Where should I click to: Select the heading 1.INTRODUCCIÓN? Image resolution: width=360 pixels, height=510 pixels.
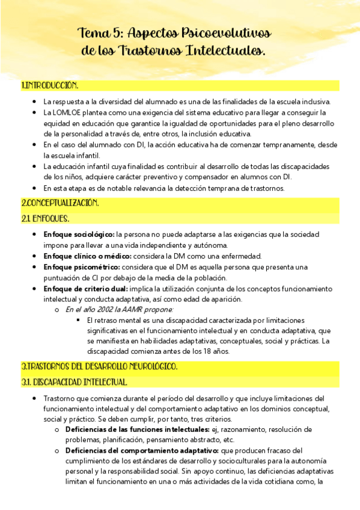click(x=49, y=85)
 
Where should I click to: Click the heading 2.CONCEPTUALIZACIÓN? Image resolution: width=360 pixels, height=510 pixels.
click(x=60, y=203)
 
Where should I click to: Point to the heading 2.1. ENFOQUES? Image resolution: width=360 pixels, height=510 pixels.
click(x=45, y=218)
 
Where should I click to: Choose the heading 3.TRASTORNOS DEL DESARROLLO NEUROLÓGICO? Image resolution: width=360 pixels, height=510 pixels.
click(x=99, y=366)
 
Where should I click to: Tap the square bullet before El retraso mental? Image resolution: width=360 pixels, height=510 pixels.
click(x=78, y=320)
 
